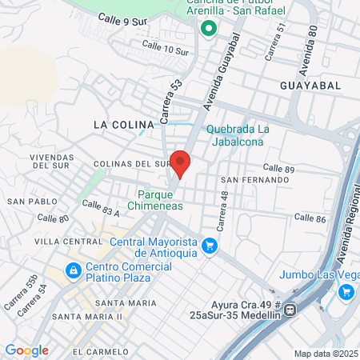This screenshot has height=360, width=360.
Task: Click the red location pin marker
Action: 181,162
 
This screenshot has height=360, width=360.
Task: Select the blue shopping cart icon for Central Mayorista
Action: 210,246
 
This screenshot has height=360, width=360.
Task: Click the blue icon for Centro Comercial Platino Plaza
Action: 73,271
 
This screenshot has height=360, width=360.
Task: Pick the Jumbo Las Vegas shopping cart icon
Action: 346,291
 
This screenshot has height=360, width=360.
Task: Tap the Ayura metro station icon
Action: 291,309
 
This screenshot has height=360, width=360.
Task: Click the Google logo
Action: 26,350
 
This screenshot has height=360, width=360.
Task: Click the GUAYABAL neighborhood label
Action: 310,84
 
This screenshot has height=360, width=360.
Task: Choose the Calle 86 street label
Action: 310,218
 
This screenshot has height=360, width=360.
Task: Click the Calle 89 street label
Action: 279,169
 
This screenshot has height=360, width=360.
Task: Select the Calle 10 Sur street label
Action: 164,47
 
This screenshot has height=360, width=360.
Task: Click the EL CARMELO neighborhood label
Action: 100,351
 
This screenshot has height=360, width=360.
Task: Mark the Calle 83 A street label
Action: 100,211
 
